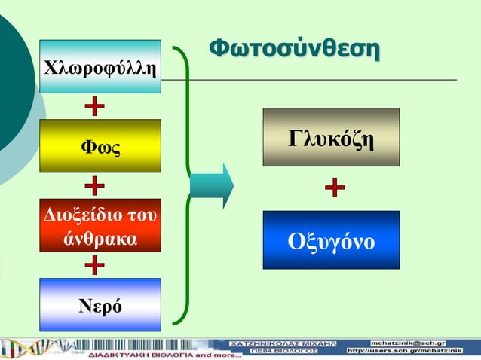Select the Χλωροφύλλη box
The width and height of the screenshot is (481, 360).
(100, 67)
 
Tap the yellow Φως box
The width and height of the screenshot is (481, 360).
(100, 145)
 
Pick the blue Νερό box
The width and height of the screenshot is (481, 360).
(100, 305)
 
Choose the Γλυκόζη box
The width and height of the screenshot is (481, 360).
(331, 138)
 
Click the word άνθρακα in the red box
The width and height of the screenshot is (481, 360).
(100, 239)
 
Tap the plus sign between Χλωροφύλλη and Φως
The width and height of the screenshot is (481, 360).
(94, 106)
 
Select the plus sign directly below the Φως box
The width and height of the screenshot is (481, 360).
(94, 185)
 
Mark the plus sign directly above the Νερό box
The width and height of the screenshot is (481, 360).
(94, 265)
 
